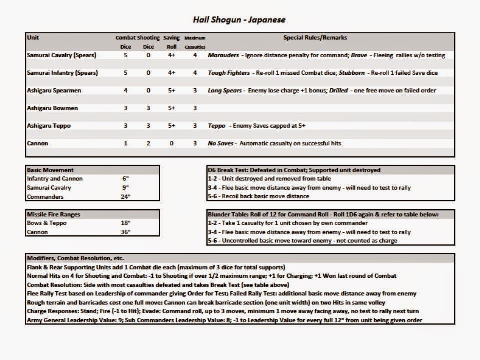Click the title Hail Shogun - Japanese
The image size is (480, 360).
pos(239,20)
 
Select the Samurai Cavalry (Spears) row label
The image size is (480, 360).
pos(62,55)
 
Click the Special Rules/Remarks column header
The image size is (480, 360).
pos(315,37)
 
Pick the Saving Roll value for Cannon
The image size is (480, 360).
pos(171,143)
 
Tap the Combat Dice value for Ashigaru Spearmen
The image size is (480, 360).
pos(125,90)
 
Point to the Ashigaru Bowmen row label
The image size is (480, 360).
pos(52,108)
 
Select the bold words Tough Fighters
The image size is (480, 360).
pos(229,73)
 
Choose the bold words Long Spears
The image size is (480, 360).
pos(224,90)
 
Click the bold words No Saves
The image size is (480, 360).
pos(220,143)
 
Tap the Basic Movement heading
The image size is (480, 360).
pos(50,170)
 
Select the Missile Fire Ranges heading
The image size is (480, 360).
pos(53,214)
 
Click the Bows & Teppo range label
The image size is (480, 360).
pos(46,223)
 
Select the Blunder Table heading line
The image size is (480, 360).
pos(323,214)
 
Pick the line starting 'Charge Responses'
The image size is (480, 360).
pos(210,311)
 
